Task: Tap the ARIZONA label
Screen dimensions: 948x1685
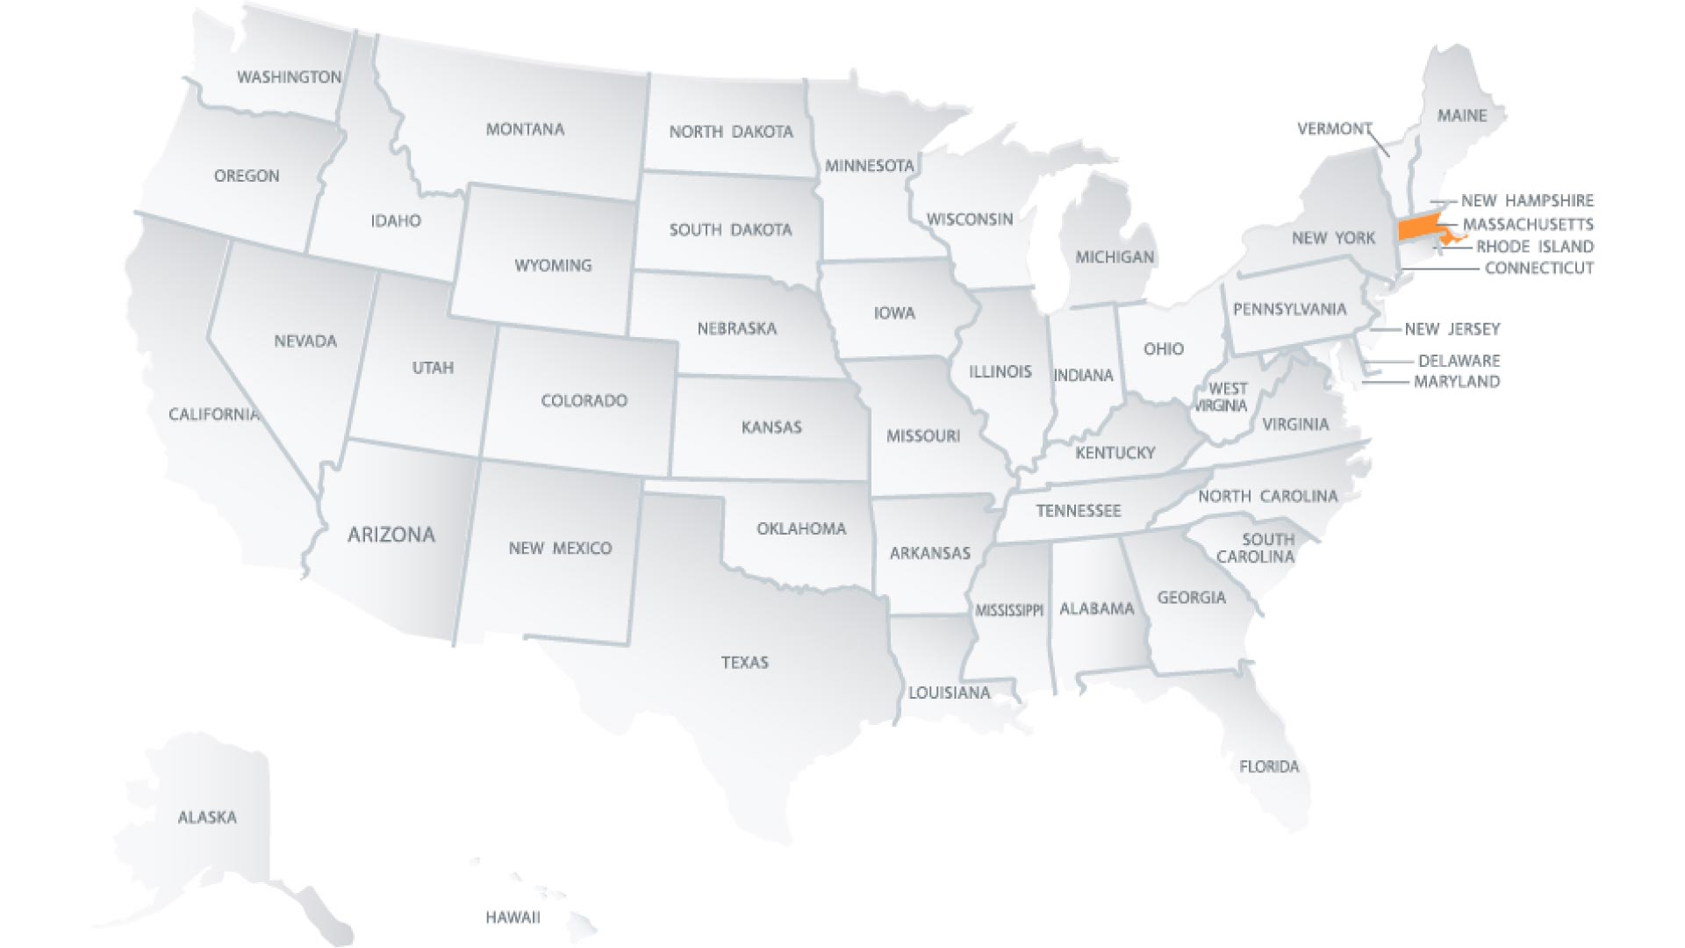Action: point(391,535)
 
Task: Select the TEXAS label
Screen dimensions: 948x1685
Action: point(745,663)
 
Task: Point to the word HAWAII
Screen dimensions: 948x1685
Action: point(513,918)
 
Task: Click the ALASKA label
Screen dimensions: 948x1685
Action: point(207,817)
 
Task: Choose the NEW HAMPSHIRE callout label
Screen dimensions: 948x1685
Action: point(1527,201)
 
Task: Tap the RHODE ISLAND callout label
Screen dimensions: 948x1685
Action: point(1535,247)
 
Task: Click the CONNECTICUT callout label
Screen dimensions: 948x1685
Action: point(1539,269)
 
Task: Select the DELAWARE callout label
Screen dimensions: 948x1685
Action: point(1459,361)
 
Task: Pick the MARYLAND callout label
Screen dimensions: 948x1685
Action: point(1457,382)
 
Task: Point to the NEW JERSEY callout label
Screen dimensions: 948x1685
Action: point(1452,329)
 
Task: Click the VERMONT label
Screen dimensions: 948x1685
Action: point(1334,129)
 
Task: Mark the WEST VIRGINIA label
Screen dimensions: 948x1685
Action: point(1226,397)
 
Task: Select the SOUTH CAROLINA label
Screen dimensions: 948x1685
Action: point(1257,548)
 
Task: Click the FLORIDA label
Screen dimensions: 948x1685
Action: point(1269,767)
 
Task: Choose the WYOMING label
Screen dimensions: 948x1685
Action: point(553,265)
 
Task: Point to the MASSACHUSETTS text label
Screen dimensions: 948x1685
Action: point(1528,225)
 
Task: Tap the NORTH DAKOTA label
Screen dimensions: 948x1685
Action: point(731,132)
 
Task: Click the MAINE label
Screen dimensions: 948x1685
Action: point(1462,116)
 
